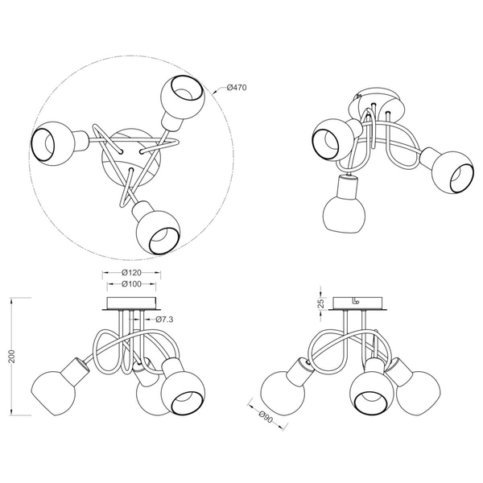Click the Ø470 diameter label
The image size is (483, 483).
coord(237,88)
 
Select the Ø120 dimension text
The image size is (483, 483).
coord(131,273)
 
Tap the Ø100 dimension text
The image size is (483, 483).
coord(131,284)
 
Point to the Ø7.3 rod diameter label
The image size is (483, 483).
coord(164,320)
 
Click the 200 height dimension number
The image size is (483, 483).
coord(12,357)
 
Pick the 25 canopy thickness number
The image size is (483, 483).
coord(321,303)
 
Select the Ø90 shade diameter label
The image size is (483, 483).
coord(266,417)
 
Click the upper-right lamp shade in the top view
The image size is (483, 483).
coord(182,92)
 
